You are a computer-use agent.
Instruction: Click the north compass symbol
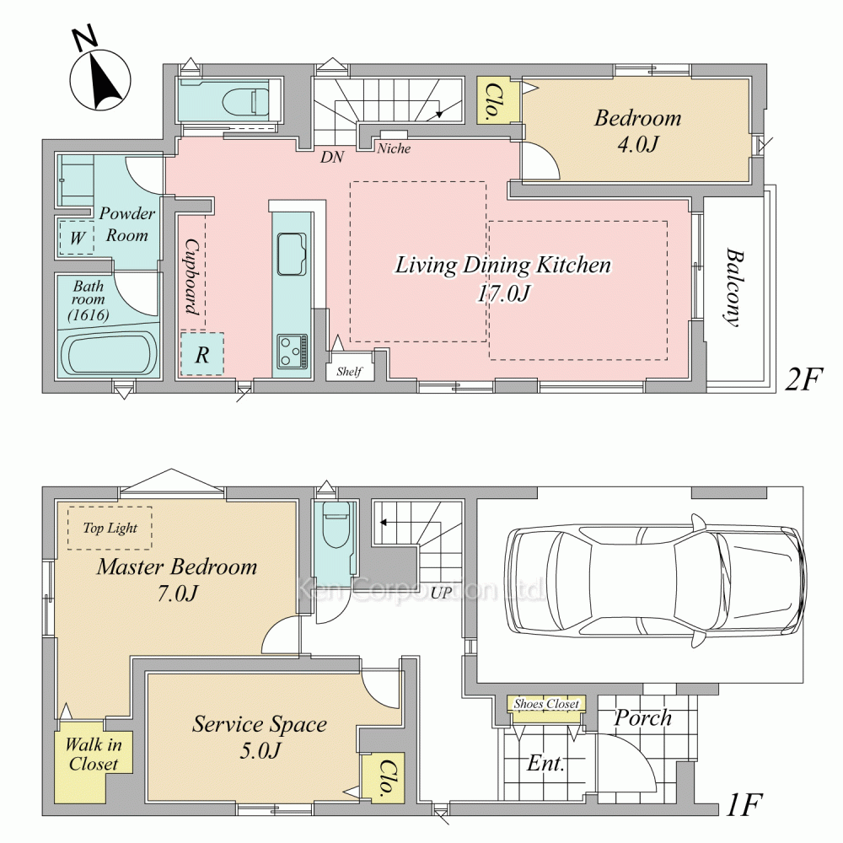pyautogui.click(x=100, y=75)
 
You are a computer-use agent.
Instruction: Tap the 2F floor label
pyautogui.click(x=803, y=379)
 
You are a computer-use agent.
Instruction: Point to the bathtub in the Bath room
pyautogui.click(x=109, y=354)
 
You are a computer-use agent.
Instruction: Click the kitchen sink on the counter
pyautogui.click(x=292, y=255)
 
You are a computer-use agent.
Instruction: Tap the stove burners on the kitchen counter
pyautogui.click(x=293, y=352)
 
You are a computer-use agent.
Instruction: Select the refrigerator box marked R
pyautogui.click(x=202, y=354)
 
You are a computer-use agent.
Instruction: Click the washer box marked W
pyautogui.click(x=77, y=237)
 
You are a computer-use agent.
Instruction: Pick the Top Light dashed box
pyautogui.click(x=110, y=528)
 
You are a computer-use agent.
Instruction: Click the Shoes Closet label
pyautogui.click(x=546, y=703)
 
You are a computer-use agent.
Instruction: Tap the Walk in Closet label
pyautogui.click(x=94, y=754)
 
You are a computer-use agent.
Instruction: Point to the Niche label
pyautogui.click(x=394, y=148)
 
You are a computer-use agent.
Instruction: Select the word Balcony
pyautogui.click(x=733, y=287)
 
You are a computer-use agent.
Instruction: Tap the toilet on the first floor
pyautogui.click(x=336, y=524)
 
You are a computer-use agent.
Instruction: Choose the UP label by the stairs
pyautogui.click(x=442, y=593)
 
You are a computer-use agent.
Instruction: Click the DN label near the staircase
pyautogui.click(x=332, y=157)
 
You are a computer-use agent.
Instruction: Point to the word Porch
pyautogui.click(x=643, y=718)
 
